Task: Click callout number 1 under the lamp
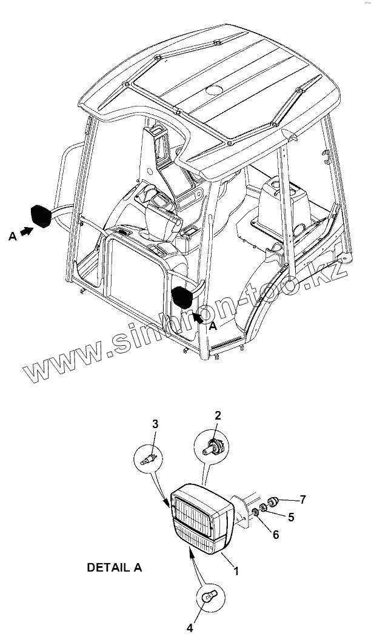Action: tap(236, 570)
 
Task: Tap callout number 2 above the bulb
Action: tap(218, 415)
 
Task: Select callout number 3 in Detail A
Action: tap(155, 424)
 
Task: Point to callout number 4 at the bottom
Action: tap(189, 628)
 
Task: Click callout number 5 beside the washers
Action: tap(291, 517)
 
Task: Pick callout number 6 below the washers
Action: tap(276, 534)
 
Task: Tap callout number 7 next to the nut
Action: tap(303, 500)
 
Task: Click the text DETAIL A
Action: tap(115, 567)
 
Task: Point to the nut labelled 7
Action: tap(273, 501)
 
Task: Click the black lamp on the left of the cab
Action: tap(42, 216)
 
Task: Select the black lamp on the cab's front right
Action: tap(182, 298)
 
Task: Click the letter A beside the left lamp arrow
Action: tap(12, 237)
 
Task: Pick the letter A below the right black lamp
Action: tap(212, 326)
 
